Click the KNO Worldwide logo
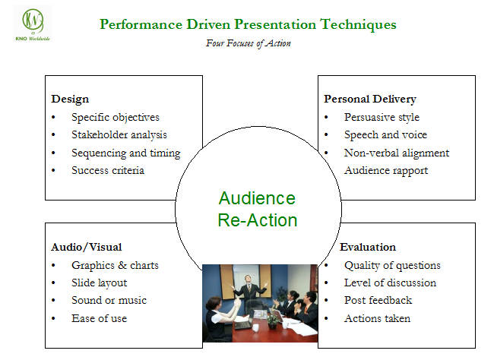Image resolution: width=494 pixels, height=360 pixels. tap(33, 24)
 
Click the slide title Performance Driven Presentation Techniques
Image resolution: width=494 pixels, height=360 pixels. tap(248, 24)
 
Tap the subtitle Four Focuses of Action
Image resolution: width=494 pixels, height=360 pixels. tap(248, 43)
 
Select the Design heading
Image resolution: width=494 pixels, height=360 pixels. tap(70, 99)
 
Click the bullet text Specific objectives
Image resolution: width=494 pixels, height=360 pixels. tap(116, 117)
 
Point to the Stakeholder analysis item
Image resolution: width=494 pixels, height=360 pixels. tap(119, 134)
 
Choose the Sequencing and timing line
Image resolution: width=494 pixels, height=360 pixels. tap(125, 153)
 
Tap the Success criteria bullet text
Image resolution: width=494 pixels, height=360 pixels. tap(108, 170)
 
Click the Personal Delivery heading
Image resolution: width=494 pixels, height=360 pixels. tap(369, 99)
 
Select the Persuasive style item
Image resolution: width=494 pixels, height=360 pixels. tap(382, 117)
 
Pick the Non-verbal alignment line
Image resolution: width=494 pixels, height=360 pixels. tap(396, 153)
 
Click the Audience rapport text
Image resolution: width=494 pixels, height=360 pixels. tap(385, 170)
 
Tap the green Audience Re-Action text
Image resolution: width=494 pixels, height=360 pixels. tap(257, 210)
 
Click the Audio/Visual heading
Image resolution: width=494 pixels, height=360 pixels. tap(86, 247)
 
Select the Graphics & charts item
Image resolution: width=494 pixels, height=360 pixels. tap(115, 265)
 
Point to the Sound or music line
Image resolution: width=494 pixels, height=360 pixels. tap(109, 300)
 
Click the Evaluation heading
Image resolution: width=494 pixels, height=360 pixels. tap(367, 247)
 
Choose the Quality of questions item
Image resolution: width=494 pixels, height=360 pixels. tap(392, 265)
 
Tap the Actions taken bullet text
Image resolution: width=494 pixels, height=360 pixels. tap(377, 318)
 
